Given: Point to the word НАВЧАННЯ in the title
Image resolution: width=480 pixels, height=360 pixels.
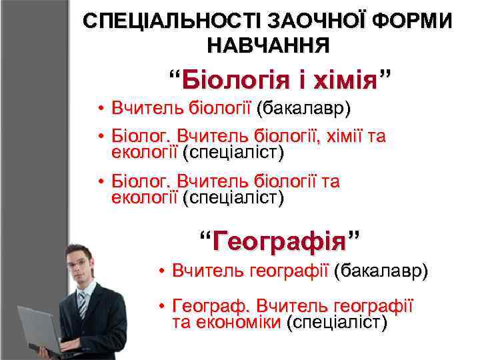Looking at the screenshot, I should (268, 45).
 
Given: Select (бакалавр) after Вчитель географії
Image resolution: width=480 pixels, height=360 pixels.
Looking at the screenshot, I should (381, 271).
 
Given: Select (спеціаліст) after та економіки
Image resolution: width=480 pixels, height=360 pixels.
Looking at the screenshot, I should (337, 323).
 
